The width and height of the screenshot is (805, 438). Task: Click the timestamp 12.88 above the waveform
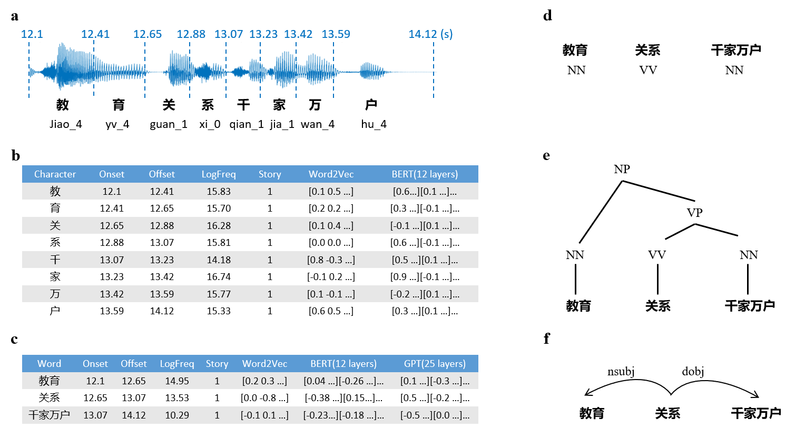pos(191,34)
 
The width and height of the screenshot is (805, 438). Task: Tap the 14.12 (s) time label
pos(430,34)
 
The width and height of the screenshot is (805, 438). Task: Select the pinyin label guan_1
pos(169,124)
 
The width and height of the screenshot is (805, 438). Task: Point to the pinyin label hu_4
pos(374,124)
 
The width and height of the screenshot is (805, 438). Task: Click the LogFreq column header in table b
pos(219,174)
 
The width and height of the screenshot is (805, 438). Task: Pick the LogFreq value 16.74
pos(219,277)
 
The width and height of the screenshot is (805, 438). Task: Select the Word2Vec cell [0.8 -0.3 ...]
pos(331,260)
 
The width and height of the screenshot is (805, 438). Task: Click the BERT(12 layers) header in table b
pos(425,174)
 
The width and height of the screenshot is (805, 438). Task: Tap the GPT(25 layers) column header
pos(435,364)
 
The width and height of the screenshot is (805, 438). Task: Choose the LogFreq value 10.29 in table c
pos(177,415)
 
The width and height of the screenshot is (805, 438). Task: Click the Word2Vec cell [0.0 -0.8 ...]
pos(264,398)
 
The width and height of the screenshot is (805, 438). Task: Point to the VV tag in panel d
pos(648,71)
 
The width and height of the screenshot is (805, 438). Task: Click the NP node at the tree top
pos(622,169)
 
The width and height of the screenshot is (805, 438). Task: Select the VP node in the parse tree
pos(694,213)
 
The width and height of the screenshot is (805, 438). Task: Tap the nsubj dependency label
pos(621,372)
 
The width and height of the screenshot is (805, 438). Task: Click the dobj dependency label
pos(693,372)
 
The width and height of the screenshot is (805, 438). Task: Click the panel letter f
pos(547,339)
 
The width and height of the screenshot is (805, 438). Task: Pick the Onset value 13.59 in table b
pos(112,311)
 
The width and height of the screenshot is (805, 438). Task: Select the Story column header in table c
pos(217,364)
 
